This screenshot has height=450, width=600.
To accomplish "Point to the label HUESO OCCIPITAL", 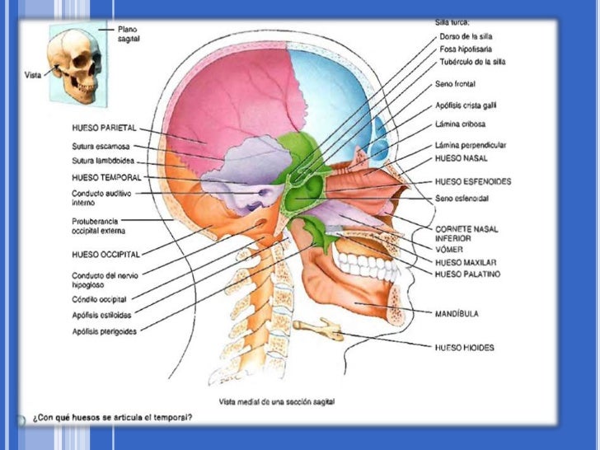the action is [105, 253].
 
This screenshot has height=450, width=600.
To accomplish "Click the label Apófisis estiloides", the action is [101, 314].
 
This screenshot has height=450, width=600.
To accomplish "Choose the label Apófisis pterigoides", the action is [105, 331].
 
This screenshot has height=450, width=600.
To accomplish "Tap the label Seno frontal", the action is [455, 84].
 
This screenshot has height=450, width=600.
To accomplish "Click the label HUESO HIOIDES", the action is [465, 348].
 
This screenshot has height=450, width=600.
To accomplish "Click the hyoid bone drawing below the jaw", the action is [320, 329].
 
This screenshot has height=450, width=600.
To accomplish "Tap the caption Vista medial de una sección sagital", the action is [283, 401].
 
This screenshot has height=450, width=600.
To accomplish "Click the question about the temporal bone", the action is [112, 417].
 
